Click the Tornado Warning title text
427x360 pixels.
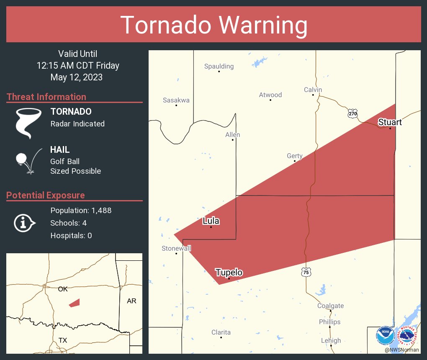(213, 25)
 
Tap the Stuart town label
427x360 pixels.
(390, 122)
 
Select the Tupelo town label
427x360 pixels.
(229, 273)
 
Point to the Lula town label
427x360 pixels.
(211, 221)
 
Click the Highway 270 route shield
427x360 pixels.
(352, 113)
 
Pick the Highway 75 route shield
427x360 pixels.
(306, 272)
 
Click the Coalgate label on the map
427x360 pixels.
(330, 306)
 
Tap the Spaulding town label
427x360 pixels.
(219, 66)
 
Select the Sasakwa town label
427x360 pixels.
(176, 100)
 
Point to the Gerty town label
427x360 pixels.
(294, 156)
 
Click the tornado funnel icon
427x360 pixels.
(28, 123)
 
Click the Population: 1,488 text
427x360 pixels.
(81, 211)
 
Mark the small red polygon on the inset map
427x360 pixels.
(75, 303)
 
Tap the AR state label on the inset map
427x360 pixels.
(131, 301)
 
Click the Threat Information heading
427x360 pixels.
(46, 97)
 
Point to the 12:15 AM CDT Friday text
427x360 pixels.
(78, 66)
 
